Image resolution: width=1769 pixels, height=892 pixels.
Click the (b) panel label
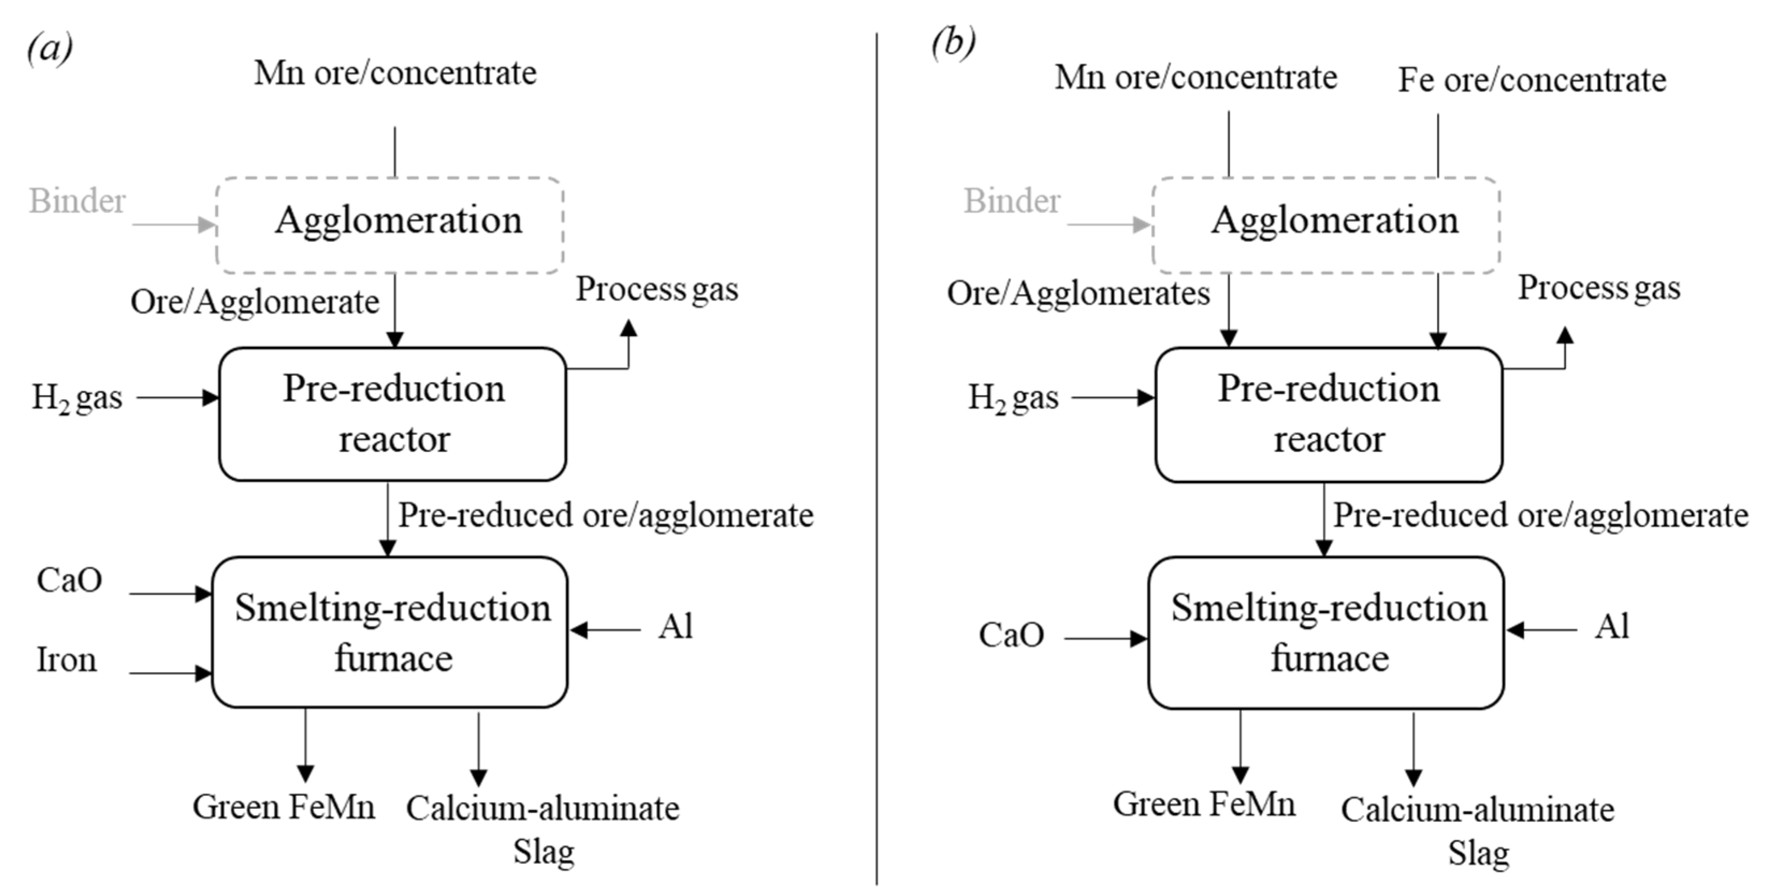(x=953, y=45)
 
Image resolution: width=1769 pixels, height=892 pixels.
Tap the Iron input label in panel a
(x=67, y=660)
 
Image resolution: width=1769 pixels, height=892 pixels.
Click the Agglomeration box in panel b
(x=1326, y=224)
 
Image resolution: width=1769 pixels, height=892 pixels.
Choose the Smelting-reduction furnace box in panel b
(x=1327, y=632)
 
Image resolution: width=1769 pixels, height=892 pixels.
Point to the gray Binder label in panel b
(x=1011, y=201)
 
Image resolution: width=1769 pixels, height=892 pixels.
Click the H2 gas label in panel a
(x=77, y=398)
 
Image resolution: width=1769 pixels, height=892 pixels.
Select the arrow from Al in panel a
(x=605, y=630)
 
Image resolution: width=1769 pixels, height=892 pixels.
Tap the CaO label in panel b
(x=1011, y=635)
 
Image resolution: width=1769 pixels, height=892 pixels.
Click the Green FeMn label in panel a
(x=283, y=807)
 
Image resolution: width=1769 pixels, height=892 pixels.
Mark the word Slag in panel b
(x=1479, y=853)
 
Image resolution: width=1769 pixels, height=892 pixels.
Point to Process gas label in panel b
(x=1599, y=288)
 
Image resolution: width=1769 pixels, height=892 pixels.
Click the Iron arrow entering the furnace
(x=170, y=674)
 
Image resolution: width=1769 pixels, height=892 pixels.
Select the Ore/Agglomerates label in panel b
(x=1078, y=293)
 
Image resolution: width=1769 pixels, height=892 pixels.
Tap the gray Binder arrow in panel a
(x=174, y=224)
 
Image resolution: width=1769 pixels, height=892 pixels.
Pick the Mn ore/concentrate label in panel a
(x=395, y=73)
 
